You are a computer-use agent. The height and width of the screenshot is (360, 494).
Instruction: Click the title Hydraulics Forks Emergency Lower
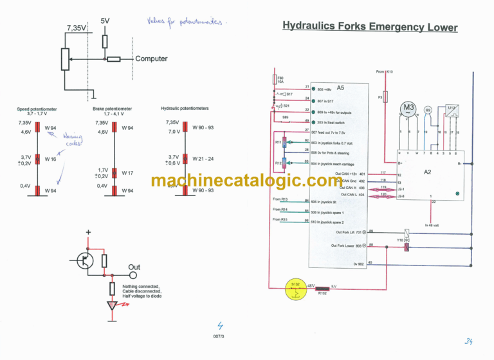(x=370, y=27)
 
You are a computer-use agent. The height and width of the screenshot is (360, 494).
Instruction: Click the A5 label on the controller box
(x=340, y=87)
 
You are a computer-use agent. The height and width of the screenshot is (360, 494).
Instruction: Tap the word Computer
(x=151, y=59)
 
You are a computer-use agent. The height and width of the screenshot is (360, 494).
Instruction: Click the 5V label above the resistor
(x=105, y=21)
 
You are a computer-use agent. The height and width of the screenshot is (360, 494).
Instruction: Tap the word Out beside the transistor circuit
(x=134, y=267)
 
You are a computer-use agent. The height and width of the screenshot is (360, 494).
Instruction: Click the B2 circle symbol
(x=428, y=110)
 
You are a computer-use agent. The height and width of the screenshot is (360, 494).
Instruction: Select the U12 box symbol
(x=452, y=109)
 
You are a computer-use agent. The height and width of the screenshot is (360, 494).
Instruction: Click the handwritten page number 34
(x=468, y=341)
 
